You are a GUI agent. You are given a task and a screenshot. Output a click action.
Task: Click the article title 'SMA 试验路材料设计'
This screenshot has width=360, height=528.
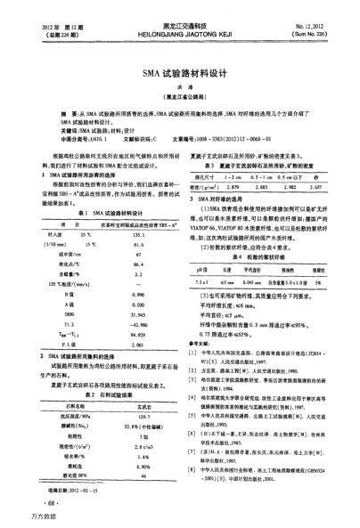(x=180, y=78)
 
